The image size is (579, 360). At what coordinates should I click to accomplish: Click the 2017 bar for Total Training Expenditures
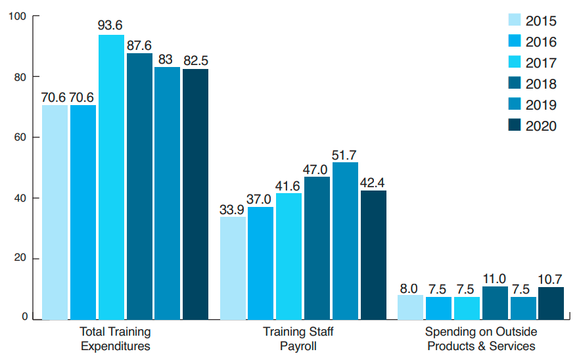point(111,177)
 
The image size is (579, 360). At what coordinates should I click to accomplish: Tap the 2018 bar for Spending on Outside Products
point(495,303)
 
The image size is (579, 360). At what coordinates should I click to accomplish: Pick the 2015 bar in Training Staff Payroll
point(233,268)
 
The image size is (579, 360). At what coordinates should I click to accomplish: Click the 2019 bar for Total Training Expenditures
point(167,193)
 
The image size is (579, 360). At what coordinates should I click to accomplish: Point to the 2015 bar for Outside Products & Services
point(410,307)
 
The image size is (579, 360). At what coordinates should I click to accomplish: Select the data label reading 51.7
point(345,154)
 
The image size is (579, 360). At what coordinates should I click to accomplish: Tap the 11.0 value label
point(495,278)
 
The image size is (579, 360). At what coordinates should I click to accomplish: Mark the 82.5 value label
point(195,60)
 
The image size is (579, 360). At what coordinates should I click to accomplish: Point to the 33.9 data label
point(233,208)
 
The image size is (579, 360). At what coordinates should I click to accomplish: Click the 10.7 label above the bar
point(551,279)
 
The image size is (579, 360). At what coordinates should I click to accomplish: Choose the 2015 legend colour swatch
point(515,21)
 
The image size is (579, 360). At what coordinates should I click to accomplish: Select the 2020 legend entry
point(532,126)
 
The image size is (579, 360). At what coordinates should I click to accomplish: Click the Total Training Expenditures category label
point(115,338)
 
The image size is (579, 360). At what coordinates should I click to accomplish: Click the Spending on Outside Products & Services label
point(480,338)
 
